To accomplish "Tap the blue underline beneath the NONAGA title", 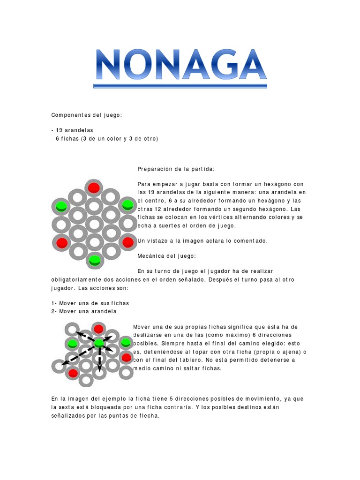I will [x=180, y=86].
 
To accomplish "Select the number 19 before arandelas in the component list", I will [x=59, y=130].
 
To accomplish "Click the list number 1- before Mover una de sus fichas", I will [x=54, y=303].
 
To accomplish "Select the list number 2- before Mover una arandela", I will [x=54, y=311].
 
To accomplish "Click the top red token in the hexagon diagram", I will [x=94, y=187].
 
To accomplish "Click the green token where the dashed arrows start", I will [x=99, y=344].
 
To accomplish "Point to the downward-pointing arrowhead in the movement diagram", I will [x=99, y=363].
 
